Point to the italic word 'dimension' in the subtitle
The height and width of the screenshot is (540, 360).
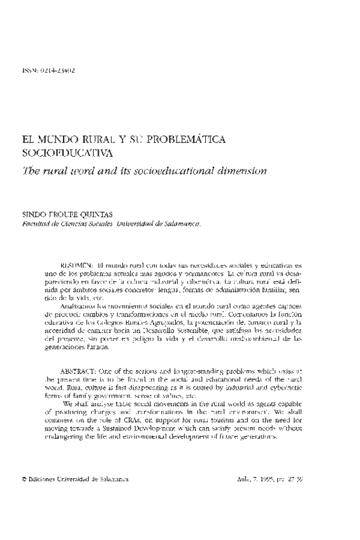pos(240,171)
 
